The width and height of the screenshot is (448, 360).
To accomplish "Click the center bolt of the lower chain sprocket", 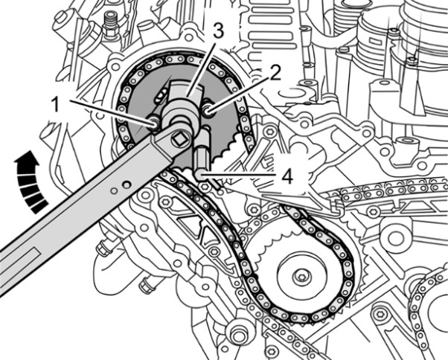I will [x=299, y=276].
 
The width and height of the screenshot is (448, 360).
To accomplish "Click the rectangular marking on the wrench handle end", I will [x=19, y=249].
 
